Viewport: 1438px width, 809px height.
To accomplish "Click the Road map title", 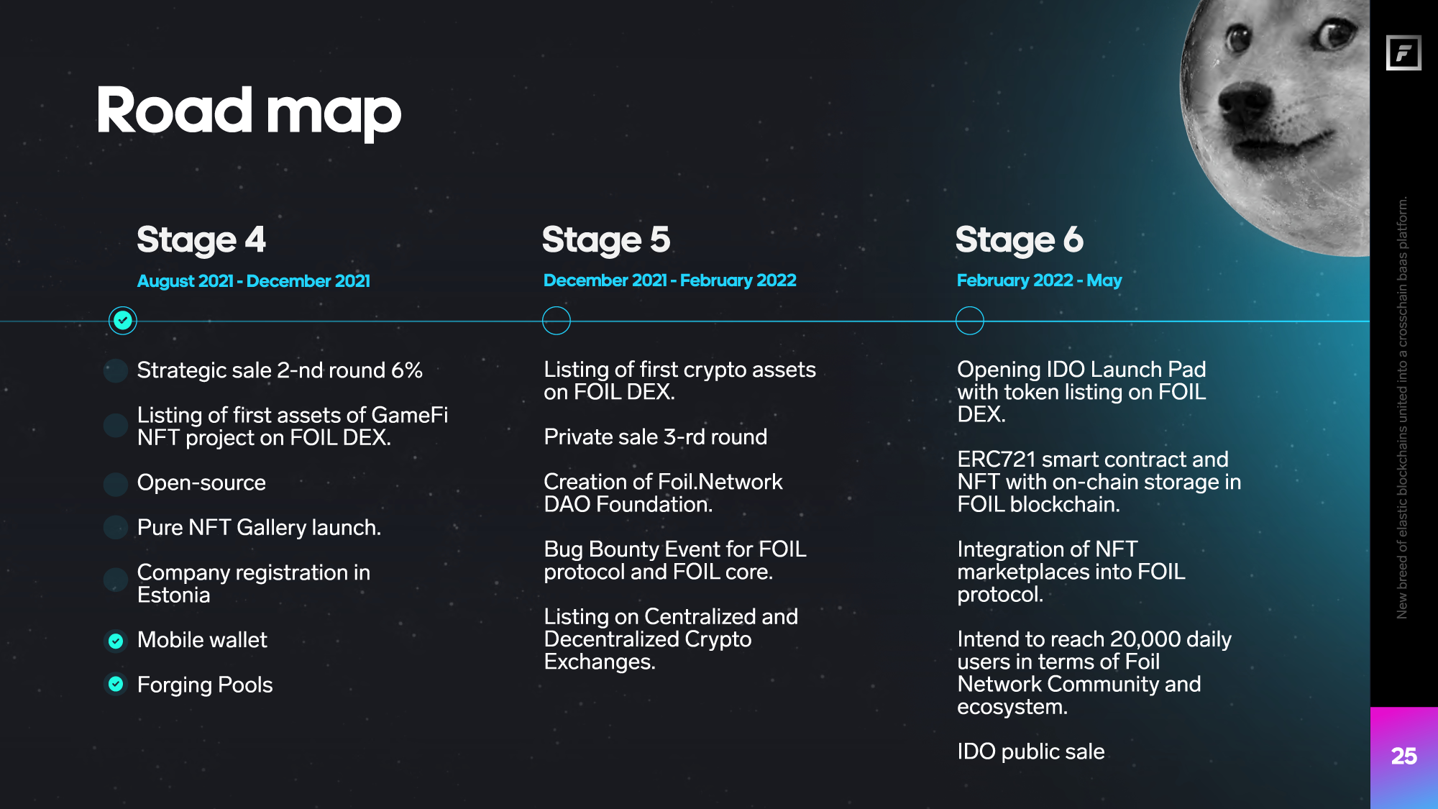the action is coord(249,112).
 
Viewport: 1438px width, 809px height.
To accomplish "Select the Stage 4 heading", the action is coord(201,240).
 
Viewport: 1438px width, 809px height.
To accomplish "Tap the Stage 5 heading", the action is coord(606,240).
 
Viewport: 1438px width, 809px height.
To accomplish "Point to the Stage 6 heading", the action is coord(1020,240).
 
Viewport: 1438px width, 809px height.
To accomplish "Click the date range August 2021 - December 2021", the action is coord(254,281).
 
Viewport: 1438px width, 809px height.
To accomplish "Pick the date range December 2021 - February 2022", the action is coord(670,280).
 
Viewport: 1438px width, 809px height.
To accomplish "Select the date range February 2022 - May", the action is coord(1039,280).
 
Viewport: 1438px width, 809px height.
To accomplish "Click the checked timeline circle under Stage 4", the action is coord(123,320).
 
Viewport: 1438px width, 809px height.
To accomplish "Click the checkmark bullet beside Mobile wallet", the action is coord(116,640).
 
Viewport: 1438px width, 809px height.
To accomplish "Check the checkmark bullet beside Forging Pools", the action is coord(116,684).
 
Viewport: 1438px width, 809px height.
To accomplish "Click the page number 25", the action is coord(1404,757).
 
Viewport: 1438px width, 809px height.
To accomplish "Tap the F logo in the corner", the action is coord(1404,52).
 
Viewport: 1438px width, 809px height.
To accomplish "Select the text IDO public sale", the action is coord(1031,751).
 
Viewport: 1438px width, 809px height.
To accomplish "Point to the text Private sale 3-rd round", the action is coord(656,437).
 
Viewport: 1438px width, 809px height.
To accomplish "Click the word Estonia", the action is coord(174,595).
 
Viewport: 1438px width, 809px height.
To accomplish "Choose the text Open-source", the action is coord(201,483).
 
